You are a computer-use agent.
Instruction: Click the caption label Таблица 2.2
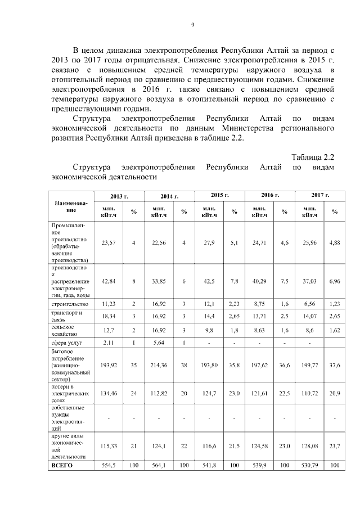pos(313,156)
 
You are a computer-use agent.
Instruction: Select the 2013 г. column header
pos(119,196)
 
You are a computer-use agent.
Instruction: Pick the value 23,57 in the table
pos(109,242)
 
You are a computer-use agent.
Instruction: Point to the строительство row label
pos(68,304)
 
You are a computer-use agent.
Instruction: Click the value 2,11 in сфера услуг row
pos(109,342)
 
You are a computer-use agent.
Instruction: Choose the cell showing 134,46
pos(109,396)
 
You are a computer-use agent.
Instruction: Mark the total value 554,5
pos(109,465)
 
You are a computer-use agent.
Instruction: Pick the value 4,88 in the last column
pos(335,242)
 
